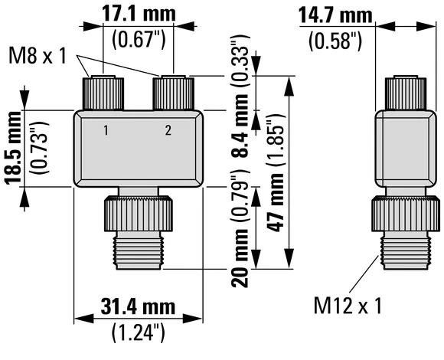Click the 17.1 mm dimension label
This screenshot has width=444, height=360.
tap(139, 15)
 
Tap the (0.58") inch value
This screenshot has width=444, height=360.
tap(336, 39)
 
